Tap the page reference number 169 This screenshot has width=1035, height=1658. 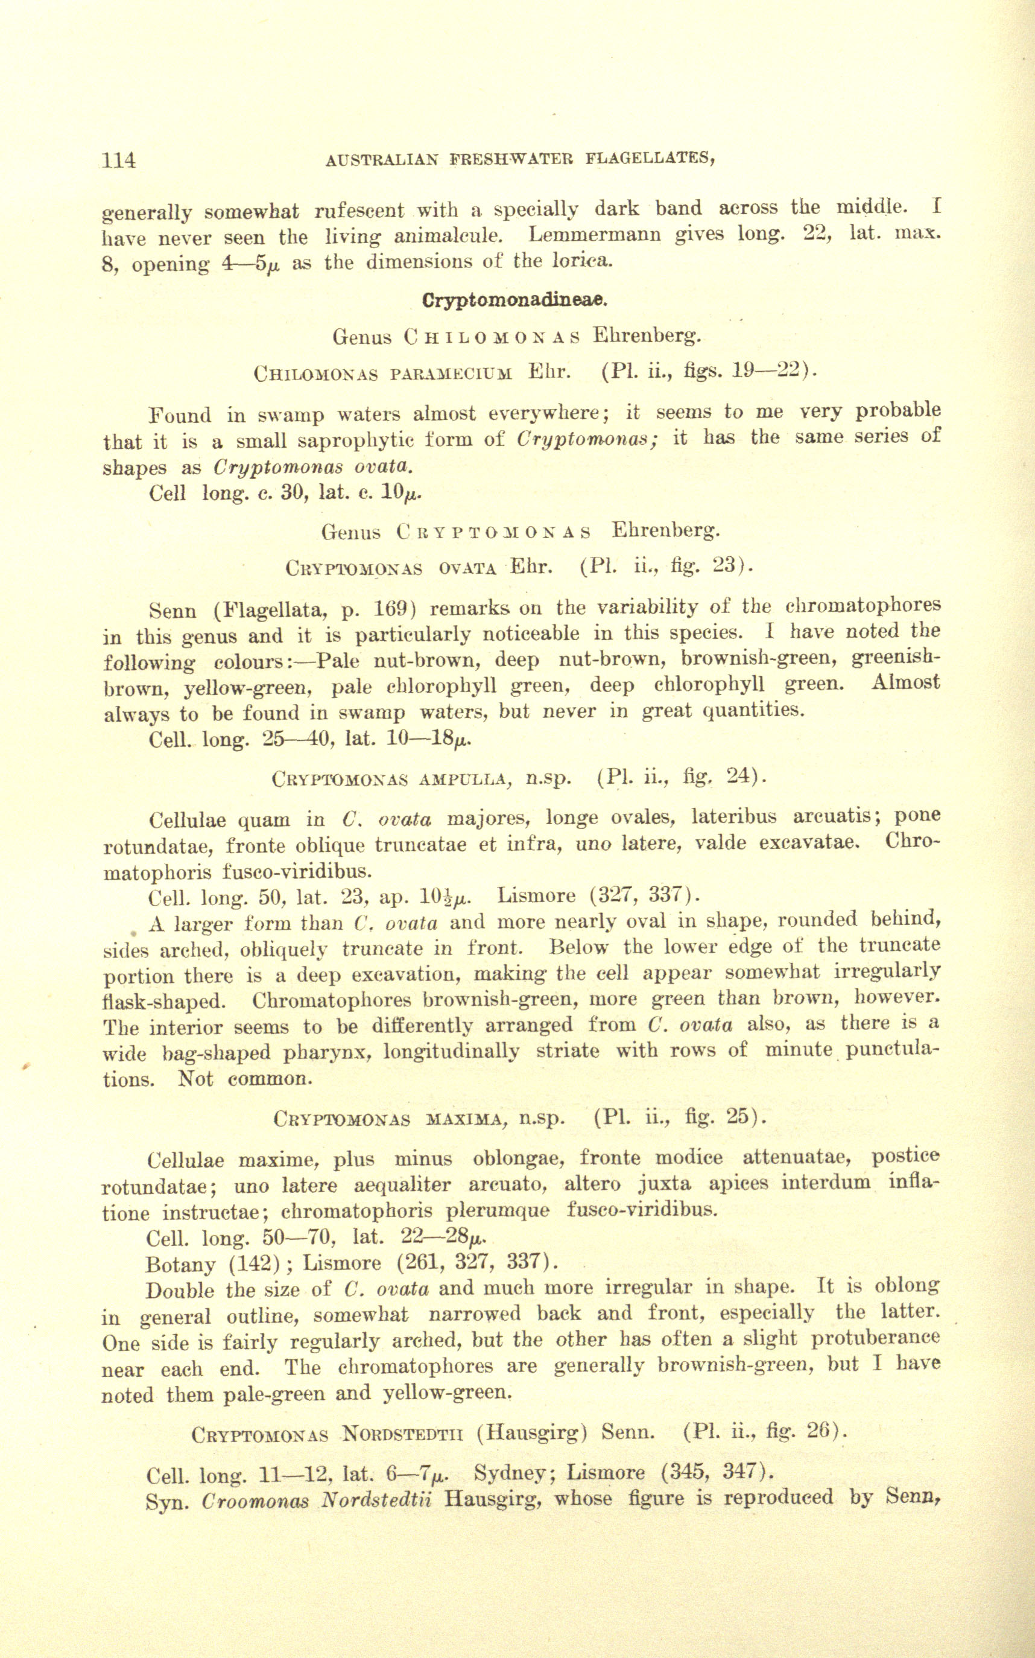point(392,608)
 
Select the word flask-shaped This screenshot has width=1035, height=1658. point(164,1002)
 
